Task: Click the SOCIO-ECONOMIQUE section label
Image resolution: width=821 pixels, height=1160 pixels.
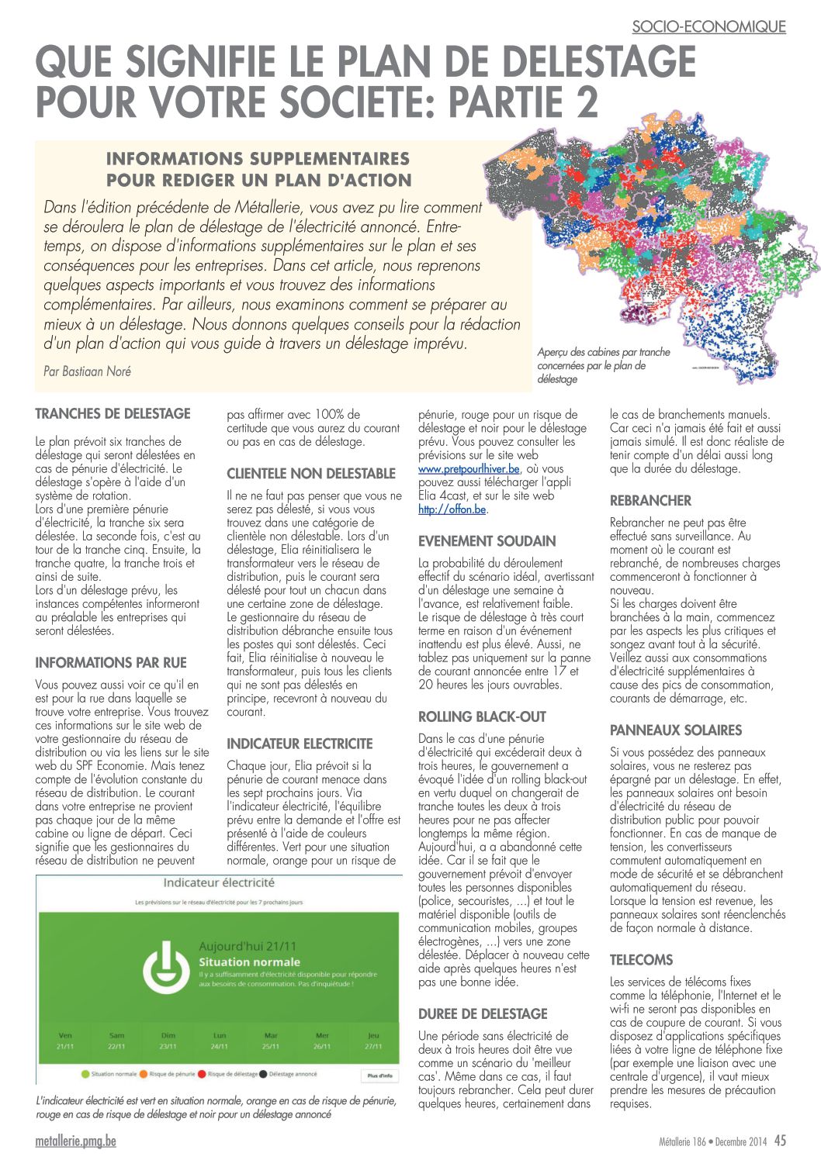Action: tap(708, 26)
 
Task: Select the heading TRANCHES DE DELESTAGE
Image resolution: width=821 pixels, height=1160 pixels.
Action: tap(113, 414)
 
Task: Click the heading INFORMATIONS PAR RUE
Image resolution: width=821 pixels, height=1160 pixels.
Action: tap(111, 663)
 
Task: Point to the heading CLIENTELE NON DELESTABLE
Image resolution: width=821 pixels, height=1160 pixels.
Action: tap(311, 474)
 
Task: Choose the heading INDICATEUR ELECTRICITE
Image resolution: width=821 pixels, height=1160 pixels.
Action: tap(300, 744)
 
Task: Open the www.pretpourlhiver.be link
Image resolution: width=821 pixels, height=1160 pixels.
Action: tap(469, 469)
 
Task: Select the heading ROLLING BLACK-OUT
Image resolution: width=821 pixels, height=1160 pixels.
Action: tap(482, 717)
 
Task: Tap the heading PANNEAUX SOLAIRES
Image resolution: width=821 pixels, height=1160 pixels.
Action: tap(676, 730)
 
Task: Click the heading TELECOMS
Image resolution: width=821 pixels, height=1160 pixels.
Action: tap(641, 960)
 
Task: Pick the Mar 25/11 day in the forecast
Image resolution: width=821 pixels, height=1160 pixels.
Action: tap(271, 1041)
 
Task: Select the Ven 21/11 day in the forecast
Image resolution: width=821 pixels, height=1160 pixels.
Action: tap(65, 1041)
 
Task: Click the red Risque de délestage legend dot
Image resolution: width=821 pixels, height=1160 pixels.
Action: tap(202, 1075)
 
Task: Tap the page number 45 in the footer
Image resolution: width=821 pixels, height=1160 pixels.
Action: tap(780, 1141)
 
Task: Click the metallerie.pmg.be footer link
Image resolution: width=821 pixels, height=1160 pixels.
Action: tap(76, 1141)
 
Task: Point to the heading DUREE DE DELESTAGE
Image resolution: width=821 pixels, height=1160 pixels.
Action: tap(483, 1014)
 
